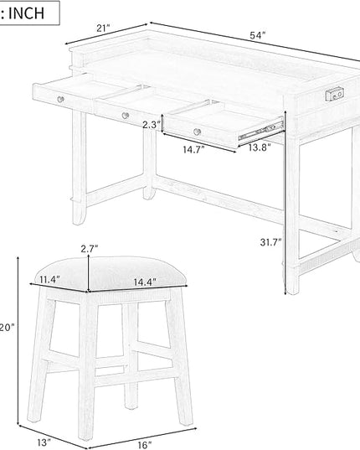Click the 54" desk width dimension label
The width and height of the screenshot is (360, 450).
[258, 35]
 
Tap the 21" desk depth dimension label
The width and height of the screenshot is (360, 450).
[103, 28]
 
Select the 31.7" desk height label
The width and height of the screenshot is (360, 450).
[271, 242]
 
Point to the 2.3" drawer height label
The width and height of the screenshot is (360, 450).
[152, 125]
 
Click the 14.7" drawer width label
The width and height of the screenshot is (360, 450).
[193, 149]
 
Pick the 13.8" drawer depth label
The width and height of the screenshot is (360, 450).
[260, 147]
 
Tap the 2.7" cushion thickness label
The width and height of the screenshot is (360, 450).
[90, 249]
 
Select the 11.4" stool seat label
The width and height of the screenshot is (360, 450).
[49, 279]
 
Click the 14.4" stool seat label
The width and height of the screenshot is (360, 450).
[145, 282]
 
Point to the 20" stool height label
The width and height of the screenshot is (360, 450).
[7, 328]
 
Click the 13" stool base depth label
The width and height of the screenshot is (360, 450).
[44, 442]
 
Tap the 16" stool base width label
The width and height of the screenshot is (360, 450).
[145, 445]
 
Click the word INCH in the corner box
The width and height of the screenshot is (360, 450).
[26, 13]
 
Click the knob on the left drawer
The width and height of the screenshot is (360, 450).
[60, 100]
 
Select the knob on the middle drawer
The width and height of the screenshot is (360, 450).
[126, 116]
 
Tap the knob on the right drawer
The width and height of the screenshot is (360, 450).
[197, 132]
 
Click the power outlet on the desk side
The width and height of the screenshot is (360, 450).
[335, 95]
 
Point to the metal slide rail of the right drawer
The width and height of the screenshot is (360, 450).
[261, 131]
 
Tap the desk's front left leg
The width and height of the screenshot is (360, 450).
[79, 168]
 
